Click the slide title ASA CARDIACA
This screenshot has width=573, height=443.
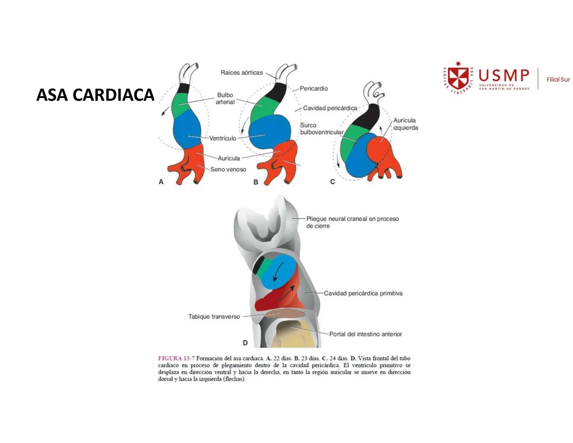tap(95, 95)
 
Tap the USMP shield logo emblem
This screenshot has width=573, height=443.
tap(458, 78)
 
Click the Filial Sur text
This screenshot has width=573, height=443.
tap(558, 79)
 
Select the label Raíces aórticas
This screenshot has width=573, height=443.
tap(242, 73)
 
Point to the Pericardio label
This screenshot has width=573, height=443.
tap(313, 88)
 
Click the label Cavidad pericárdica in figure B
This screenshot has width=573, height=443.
tap(330, 108)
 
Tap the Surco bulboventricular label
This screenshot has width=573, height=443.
tap(321, 129)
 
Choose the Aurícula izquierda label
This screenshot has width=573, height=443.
tap(405, 124)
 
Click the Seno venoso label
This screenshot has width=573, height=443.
tap(228, 169)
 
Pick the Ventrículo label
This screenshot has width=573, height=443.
tap(223, 138)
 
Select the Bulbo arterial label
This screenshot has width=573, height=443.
tap(225, 98)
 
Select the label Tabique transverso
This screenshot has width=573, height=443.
tap(214, 317)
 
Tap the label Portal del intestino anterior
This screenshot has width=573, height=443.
tap(365, 334)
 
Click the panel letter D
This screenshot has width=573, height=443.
tap(245, 343)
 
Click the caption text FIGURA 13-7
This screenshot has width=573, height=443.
tap(176, 359)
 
